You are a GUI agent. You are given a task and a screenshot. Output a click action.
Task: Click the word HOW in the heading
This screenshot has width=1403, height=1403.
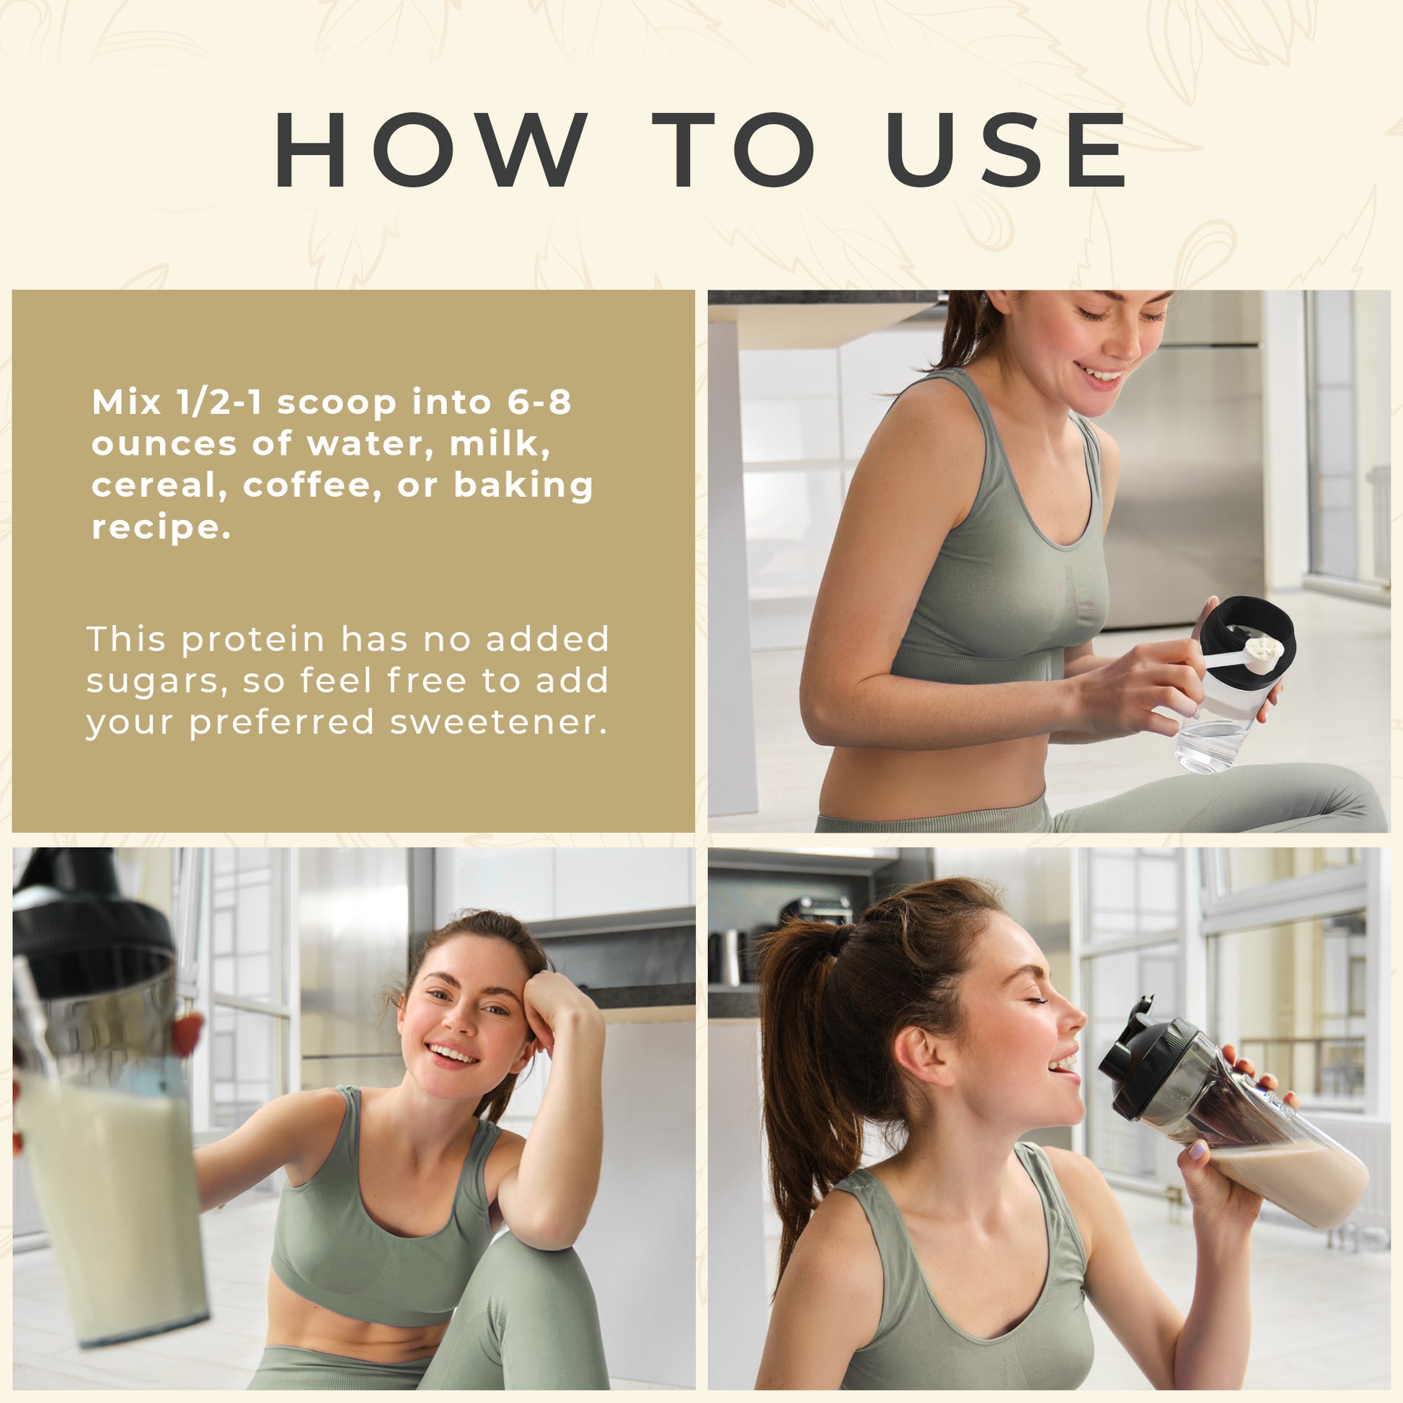pos(430,149)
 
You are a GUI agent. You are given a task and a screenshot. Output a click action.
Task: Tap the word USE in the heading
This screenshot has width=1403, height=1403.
pos(1005,149)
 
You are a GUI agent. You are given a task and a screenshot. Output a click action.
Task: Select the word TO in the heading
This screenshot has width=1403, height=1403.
pos(733,149)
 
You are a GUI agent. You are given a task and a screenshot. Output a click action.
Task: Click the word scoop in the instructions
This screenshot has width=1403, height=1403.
pos(336,404)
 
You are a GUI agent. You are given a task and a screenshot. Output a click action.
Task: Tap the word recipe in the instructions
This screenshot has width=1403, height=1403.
pos(161,528)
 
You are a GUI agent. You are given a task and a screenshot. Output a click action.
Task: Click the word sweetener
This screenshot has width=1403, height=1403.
pos(498,722)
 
